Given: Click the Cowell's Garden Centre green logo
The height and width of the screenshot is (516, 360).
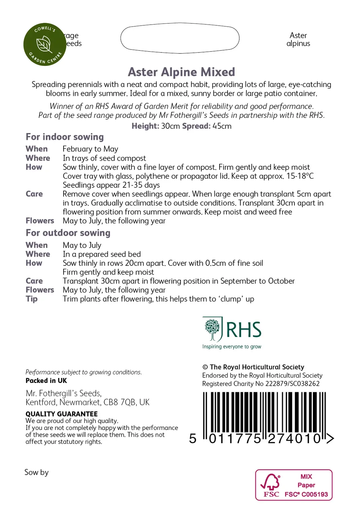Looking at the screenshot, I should (x=45, y=44).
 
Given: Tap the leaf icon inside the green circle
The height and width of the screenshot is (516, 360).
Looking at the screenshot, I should (x=44, y=44).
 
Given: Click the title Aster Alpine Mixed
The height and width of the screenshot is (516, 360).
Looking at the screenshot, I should (x=181, y=72).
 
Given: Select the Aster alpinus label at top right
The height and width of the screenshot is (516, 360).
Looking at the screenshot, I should (x=298, y=40).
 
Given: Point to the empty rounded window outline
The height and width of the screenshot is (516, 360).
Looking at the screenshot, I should (x=180, y=38).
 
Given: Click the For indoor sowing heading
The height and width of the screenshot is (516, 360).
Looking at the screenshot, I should (x=65, y=137).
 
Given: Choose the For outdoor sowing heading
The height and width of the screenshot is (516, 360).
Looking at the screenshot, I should (x=68, y=233).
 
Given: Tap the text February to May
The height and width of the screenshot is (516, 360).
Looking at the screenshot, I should (x=90, y=149).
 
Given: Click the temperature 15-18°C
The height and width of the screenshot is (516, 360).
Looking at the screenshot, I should (x=300, y=176).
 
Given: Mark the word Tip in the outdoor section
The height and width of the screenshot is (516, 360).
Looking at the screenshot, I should (x=32, y=299).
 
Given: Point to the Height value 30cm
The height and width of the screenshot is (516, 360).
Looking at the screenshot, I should (x=170, y=126).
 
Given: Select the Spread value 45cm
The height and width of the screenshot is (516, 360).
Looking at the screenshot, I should (x=222, y=126).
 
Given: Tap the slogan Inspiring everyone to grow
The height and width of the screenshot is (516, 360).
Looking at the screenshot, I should (x=232, y=347).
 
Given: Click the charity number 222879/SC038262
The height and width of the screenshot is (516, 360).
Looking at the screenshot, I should (x=292, y=384).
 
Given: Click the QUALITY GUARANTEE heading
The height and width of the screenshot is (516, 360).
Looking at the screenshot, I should (x=62, y=414).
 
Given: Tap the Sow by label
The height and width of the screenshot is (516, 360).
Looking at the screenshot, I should (x=36, y=472).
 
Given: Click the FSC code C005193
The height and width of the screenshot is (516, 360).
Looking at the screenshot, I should (x=314, y=494).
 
